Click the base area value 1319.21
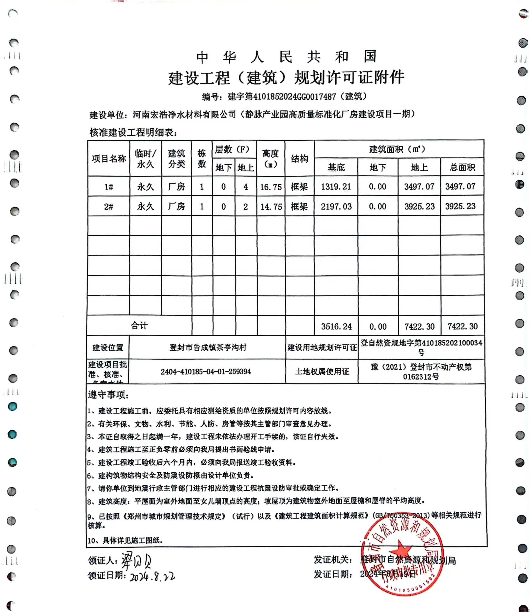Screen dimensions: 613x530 coord(336,187)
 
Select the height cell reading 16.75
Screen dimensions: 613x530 coord(271,187)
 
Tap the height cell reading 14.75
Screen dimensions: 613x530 coord(271,207)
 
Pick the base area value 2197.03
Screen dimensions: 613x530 coord(336,207)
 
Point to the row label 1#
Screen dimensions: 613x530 coord(109,187)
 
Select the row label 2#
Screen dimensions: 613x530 coord(109,207)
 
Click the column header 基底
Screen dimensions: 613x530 coord(336,168)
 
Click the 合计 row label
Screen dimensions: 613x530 coord(139,326)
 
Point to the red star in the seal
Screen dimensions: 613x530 coord(400,552)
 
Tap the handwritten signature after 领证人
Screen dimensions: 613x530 coord(136,560)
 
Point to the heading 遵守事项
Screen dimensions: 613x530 coord(108,395)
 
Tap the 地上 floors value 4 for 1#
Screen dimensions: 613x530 coord(246,187)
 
